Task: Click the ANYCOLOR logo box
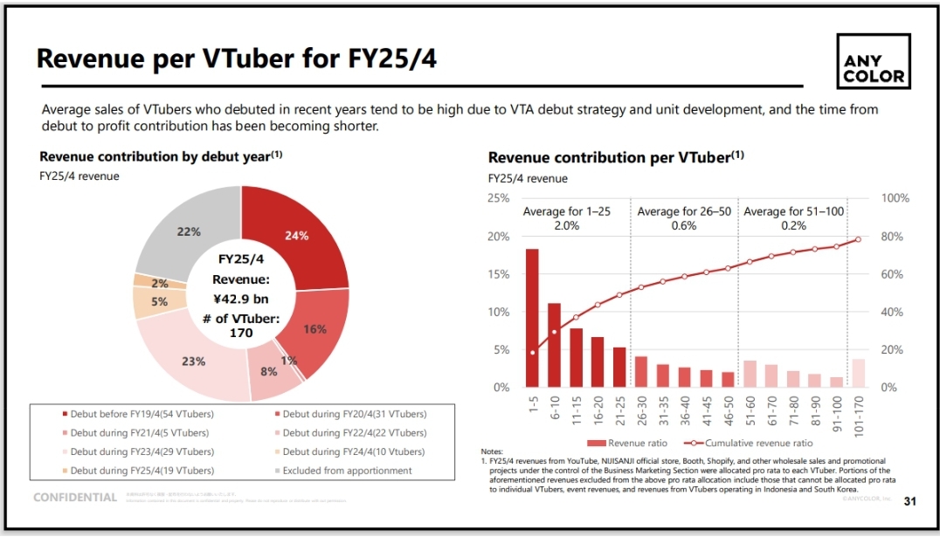pyautogui.click(x=873, y=61)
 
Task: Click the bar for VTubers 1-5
pyautogui.click(x=532, y=318)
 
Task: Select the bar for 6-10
pyautogui.click(x=554, y=345)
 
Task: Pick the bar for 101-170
pyautogui.click(x=858, y=373)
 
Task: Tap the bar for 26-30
pyautogui.click(x=640, y=371)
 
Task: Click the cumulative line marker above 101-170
pyautogui.click(x=858, y=239)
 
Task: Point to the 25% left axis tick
pyautogui.click(x=499, y=199)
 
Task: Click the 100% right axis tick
pyautogui.click(x=895, y=199)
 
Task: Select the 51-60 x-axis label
pyautogui.click(x=750, y=407)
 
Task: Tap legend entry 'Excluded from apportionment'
pyautogui.click(x=342, y=471)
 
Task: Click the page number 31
pyautogui.click(x=909, y=501)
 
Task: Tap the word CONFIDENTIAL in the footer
pyautogui.click(x=75, y=498)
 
